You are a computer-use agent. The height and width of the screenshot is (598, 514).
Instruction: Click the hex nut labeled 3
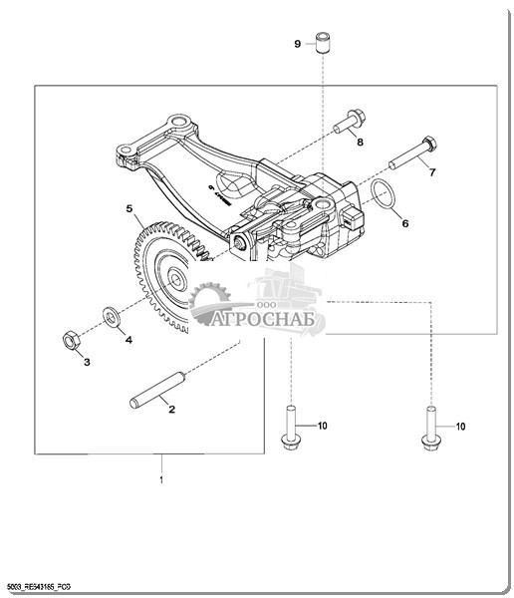click(x=71, y=340)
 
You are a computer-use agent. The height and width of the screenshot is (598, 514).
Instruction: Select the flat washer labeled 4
click(x=111, y=316)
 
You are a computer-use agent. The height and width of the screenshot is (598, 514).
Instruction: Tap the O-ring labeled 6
click(x=383, y=193)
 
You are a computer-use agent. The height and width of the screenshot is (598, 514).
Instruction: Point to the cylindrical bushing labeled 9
click(x=323, y=43)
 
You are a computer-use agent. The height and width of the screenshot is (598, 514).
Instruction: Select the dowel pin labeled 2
click(x=157, y=390)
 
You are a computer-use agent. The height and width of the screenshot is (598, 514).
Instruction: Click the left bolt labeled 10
click(x=290, y=428)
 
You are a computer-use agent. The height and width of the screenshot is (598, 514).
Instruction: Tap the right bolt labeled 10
click(x=431, y=428)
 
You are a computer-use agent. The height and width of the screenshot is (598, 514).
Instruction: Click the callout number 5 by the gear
click(x=129, y=208)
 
